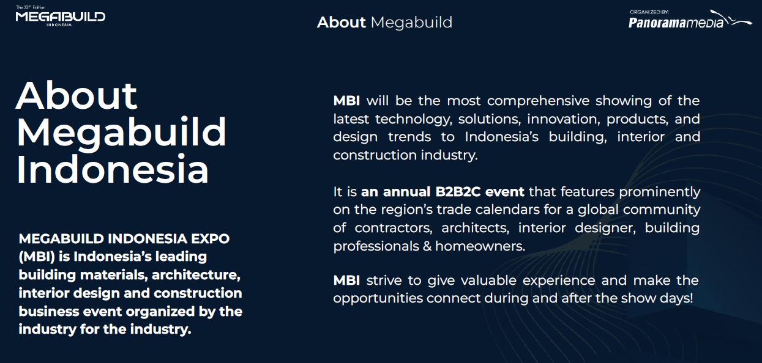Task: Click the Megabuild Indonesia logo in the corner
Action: tap(61, 16)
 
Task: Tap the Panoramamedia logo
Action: tap(690, 21)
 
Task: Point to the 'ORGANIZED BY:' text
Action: tap(649, 12)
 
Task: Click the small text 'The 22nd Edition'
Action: tap(31, 7)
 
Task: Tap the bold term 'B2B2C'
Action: tap(458, 192)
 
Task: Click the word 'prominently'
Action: tap(660, 193)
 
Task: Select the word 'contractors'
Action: tap(394, 228)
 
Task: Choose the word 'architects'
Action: tap(475, 228)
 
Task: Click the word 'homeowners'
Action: tap(480, 246)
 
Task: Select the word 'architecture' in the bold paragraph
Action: tap(196, 275)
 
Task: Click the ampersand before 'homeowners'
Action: tap(427, 246)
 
